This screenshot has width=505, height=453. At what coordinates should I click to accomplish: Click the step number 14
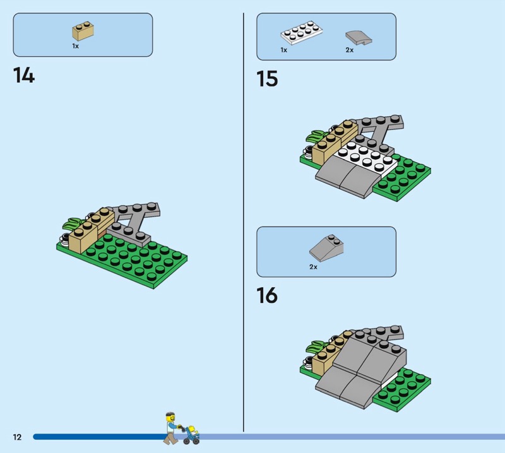tap(24, 76)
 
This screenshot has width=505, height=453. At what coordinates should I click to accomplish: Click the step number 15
tap(267, 79)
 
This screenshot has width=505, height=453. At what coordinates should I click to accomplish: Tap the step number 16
tap(267, 295)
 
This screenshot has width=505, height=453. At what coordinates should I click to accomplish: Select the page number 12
tap(17, 437)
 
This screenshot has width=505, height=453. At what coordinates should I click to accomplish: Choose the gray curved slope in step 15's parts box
tap(358, 37)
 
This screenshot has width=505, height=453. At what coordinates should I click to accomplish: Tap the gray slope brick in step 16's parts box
tap(326, 248)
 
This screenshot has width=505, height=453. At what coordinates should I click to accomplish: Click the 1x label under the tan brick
tap(75, 46)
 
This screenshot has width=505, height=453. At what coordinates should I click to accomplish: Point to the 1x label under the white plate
tap(284, 50)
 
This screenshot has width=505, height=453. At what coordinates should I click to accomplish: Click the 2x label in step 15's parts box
tap(349, 50)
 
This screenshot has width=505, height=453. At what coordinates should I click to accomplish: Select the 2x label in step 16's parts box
tap(313, 267)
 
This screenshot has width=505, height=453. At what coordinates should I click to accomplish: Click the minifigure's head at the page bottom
tap(169, 417)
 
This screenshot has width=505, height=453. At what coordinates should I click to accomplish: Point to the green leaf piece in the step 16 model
tap(316, 346)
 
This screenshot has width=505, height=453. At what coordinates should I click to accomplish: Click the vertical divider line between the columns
tap(244, 221)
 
